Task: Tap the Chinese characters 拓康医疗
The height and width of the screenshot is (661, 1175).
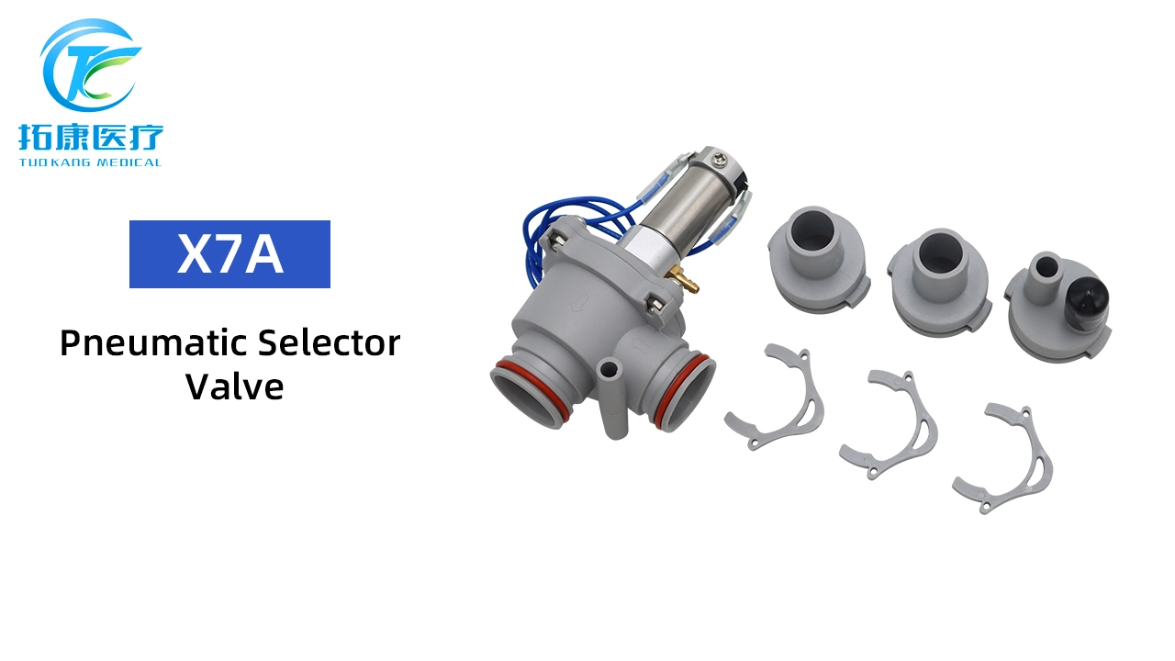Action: tap(90, 138)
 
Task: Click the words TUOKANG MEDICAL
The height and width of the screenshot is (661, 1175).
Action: tap(90, 162)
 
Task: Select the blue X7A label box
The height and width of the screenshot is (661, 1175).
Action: tap(229, 254)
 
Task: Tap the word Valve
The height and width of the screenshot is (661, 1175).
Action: tap(234, 386)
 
